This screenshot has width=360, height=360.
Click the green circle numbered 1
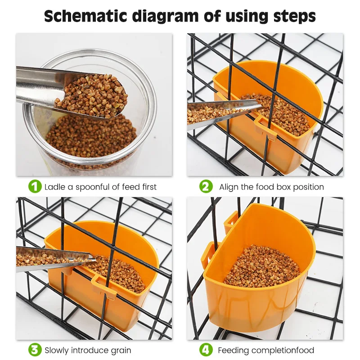(35, 186)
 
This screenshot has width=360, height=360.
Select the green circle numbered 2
(206, 186)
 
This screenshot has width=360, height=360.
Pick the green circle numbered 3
(35, 350)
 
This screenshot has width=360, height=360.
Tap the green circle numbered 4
(206, 350)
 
